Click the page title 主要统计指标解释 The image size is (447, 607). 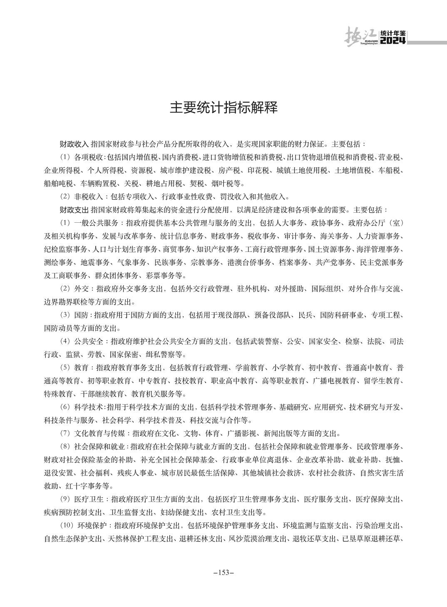[x=223, y=108]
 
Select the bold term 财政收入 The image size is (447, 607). [x=74, y=144]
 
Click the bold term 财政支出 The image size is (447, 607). [x=74, y=209]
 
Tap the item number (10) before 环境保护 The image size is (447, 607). [x=67, y=525]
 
